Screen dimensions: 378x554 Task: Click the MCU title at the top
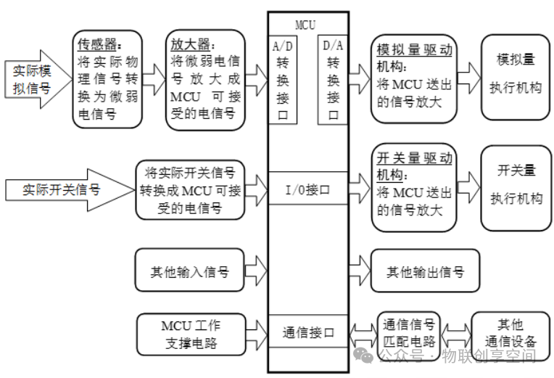(x=305, y=23)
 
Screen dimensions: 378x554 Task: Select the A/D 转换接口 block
(x=283, y=80)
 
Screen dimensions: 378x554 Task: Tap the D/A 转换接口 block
(x=333, y=80)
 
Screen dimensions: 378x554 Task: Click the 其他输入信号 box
(x=190, y=272)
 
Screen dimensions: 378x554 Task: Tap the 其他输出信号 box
(x=424, y=272)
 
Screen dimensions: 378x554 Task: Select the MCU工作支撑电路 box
(x=190, y=333)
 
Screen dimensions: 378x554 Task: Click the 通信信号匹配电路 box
(x=409, y=333)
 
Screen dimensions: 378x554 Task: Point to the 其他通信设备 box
(x=505, y=333)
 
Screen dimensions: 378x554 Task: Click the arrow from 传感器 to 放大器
(x=154, y=78)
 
